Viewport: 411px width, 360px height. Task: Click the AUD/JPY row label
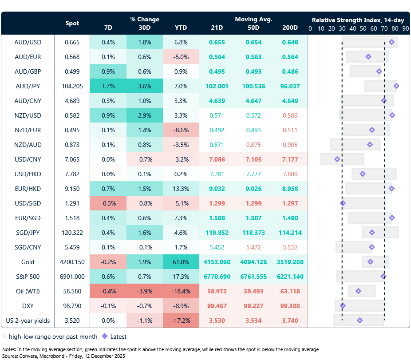pyautogui.click(x=28, y=86)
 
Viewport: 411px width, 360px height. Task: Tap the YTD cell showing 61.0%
pyautogui.click(x=181, y=262)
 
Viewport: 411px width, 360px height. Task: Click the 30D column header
pyautogui.click(x=144, y=28)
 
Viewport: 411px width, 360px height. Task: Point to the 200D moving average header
pyautogui.click(x=290, y=28)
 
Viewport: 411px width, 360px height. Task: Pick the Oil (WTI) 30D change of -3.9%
pyautogui.click(x=144, y=291)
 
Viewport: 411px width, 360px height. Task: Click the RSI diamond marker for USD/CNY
pyautogui.click(x=337, y=159)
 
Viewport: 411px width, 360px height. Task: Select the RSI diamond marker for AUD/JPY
pyautogui.click(x=396, y=86)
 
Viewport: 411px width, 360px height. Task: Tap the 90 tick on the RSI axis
pyautogui.click(x=405, y=28)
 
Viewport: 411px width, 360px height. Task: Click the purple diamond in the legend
pyautogui.click(x=105, y=336)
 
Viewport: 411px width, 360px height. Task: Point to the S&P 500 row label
pyautogui.click(x=28, y=277)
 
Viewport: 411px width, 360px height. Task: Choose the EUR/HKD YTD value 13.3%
pyautogui.click(x=181, y=189)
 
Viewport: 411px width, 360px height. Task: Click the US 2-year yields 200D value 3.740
pyautogui.click(x=290, y=320)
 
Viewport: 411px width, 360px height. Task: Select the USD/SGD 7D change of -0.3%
pyautogui.click(x=108, y=203)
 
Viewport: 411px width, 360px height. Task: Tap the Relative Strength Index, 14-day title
pyautogui.click(x=357, y=20)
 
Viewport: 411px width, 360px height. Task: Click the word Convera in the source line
pyautogui.click(x=29, y=356)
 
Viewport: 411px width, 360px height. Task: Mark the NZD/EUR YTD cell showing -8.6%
pyautogui.click(x=181, y=130)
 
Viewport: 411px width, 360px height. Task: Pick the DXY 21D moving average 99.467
pyautogui.click(x=217, y=306)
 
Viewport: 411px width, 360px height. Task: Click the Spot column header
pyautogui.click(x=72, y=23)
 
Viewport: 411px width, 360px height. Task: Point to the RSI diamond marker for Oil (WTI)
pyautogui.click(x=358, y=291)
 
